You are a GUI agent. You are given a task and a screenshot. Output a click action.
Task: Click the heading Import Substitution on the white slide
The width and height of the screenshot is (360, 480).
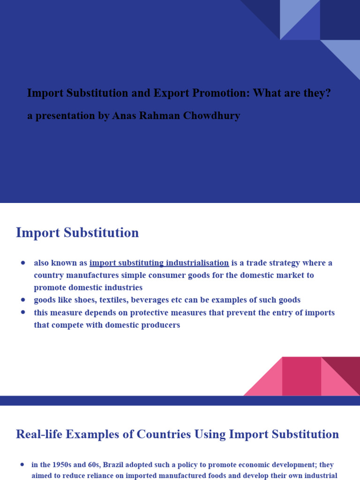(x=77, y=232)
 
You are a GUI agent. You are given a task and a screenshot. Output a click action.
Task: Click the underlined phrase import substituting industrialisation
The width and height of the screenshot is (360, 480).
(x=159, y=263)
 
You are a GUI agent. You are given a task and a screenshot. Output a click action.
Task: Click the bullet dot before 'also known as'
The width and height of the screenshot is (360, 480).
(x=22, y=263)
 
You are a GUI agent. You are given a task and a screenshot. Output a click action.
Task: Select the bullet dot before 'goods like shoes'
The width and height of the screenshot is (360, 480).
(x=22, y=300)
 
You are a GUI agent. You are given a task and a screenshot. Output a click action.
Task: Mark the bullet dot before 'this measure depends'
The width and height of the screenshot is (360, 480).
(x=22, y=312)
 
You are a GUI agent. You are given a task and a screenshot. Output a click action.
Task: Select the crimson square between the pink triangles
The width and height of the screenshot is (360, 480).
(x=301, y=376)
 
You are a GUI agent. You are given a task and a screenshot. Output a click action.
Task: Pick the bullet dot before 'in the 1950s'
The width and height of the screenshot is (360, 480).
(x=22, y=465)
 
